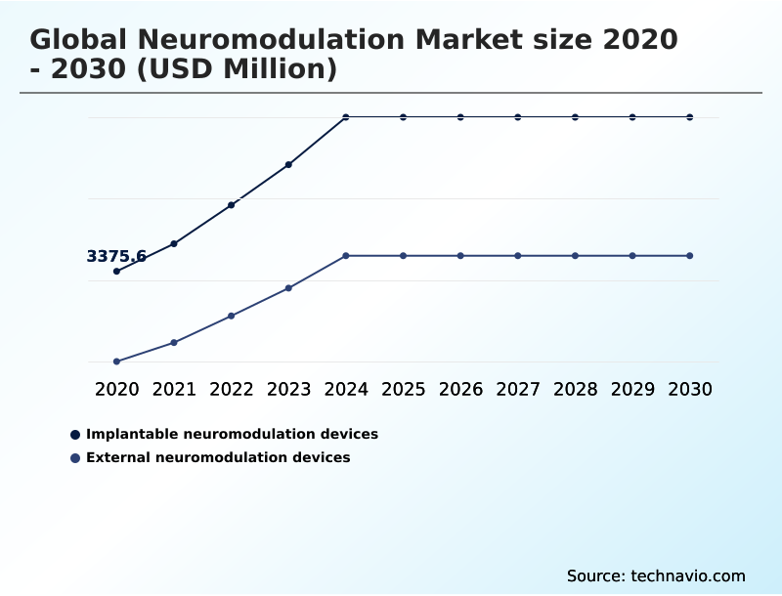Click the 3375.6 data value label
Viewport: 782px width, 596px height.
[x=116, y=257]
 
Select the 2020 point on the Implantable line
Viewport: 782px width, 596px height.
[x=116, y=272]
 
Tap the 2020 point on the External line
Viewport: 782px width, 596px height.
[x=116, y=362]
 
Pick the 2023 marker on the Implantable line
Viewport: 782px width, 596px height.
[x=288, y=164]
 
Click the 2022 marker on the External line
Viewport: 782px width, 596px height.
[x=232, y=316]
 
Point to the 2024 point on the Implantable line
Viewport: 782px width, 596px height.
[x=346, y=117]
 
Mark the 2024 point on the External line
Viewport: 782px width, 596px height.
[x=346, y=256]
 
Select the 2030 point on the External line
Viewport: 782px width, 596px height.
[x=689, y=256]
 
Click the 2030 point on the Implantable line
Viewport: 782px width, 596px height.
[x=689, y=117]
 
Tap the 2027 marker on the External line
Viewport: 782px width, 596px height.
[x=518, y=256]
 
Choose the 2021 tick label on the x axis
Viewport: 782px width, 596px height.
[x=174, y=389]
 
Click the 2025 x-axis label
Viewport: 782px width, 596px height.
[x=403, y=389]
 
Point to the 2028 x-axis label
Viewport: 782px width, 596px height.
[x=575, y=389]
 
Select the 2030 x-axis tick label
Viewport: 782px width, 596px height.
[x=689, y=389]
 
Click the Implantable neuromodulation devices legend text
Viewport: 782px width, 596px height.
[x=232, y=434]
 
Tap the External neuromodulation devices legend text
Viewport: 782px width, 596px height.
[x=218, y=457]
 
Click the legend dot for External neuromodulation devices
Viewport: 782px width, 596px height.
[x=75, y=457]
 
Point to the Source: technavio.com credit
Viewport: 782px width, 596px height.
[x=656, y=575]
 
